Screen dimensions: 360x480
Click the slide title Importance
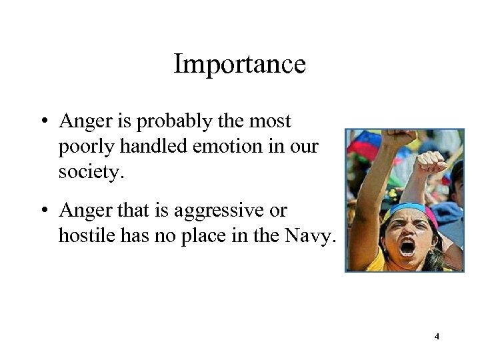click(x=239, y=65)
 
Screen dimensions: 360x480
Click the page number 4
click(x=437, y=337)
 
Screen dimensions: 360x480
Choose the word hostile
click(x=82, y=233)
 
